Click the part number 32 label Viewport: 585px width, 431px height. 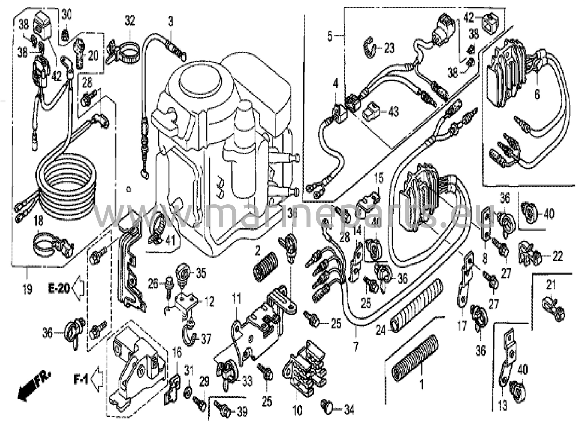point(129,21)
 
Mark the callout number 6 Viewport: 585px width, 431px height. point(537,94)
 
